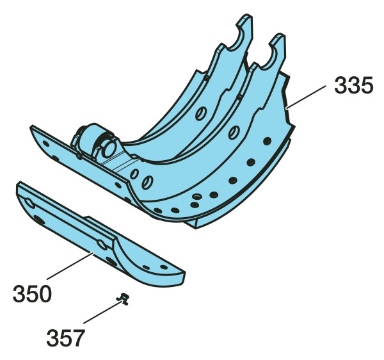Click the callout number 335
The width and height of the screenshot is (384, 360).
tap(354, 85)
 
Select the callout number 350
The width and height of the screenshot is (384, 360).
tap(32, 293)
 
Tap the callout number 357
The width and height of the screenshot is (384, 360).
tap(66, 338)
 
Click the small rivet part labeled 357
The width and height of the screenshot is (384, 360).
tap(123, 299)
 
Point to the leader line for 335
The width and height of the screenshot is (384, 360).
tap(306, 97)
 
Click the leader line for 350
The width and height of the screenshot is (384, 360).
tap(70, 266)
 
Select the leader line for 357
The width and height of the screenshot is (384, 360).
tap(102, 313)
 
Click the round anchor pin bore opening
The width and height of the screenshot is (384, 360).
tap(109, 149)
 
